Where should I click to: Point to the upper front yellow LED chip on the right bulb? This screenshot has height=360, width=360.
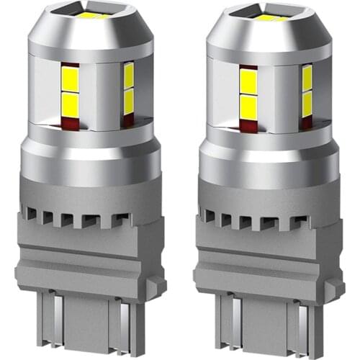[248, 81]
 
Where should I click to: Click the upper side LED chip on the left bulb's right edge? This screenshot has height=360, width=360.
[129, 74]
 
